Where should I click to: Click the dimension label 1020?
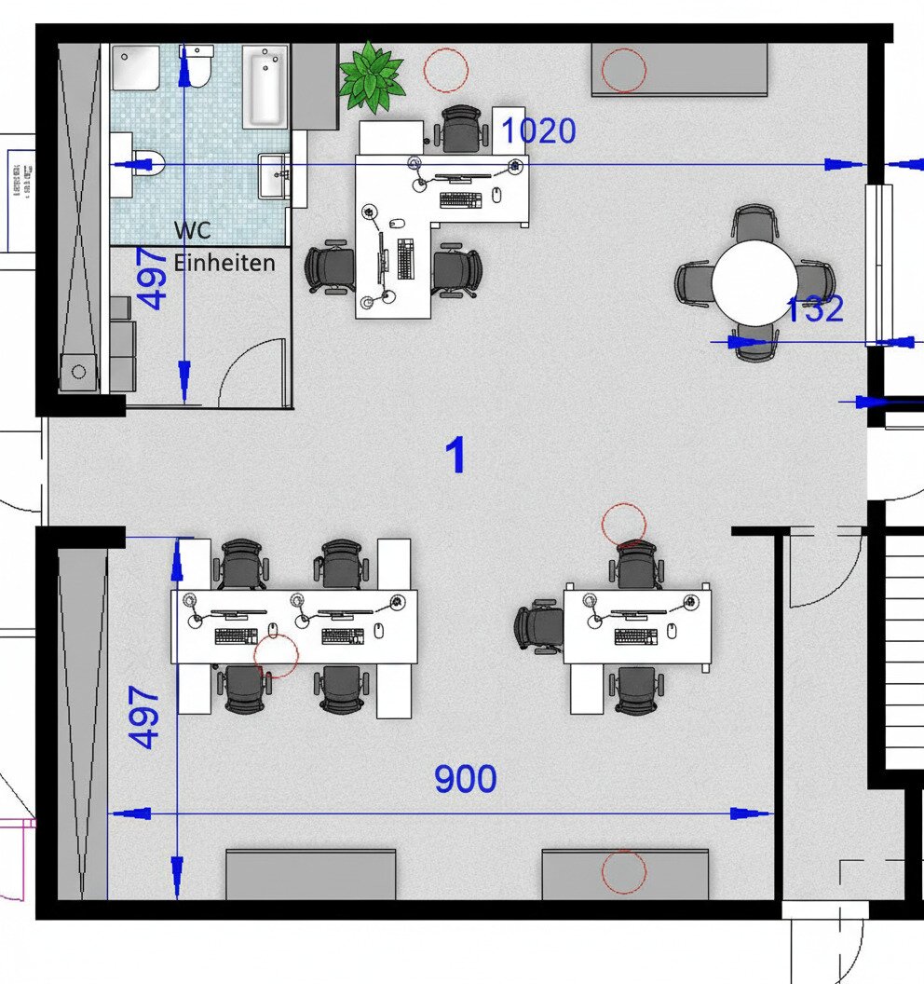click(x=539, y=132)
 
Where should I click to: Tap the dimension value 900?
click(x=465, y=779)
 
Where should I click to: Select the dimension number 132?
click(x=814, y=309)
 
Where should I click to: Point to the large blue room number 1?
click(x=455, y=457)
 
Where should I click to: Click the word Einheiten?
click(x=224, y=263)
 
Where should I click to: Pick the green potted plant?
click(x=372, y=77)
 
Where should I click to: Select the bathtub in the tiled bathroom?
click(x=265, y=88)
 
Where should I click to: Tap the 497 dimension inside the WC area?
click(x=156, y=279)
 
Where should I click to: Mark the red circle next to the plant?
click(x=445, y=69)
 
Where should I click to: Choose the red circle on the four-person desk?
click(x=276, y=655)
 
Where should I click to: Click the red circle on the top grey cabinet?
click(x=623, y=70)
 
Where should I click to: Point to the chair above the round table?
click(x=754, y=224)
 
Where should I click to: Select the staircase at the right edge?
click(x=903, y=643)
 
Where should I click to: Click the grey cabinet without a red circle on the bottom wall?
click(x=310, y=874)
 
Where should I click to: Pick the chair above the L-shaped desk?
click(x=462, y=129)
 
